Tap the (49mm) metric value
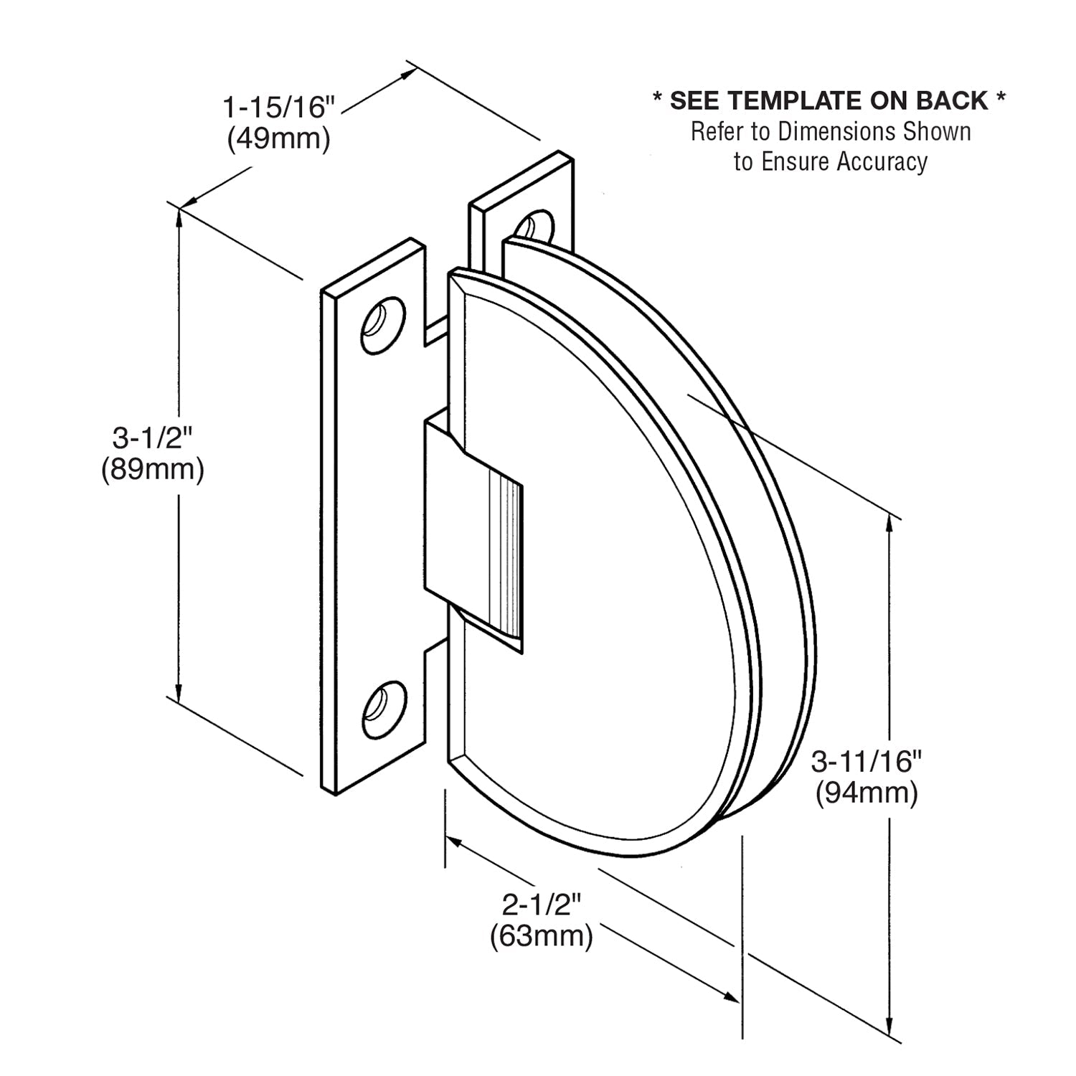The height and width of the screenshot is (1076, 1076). click(279, 138)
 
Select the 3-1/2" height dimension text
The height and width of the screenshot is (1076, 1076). click(153, 436)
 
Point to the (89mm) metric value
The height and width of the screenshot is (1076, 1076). click(153, 469)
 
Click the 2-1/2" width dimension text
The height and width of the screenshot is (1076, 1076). click(541, 905)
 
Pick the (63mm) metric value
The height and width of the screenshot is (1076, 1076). click(541, 936)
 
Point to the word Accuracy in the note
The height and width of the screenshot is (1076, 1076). click(882, 162)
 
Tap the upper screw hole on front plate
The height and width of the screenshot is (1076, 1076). click(382, 326)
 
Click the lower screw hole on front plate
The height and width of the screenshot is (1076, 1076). click(383, 709)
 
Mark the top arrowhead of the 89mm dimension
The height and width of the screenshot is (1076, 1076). click(179, 217)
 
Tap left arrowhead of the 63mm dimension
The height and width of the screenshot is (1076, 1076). click(453, 842)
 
